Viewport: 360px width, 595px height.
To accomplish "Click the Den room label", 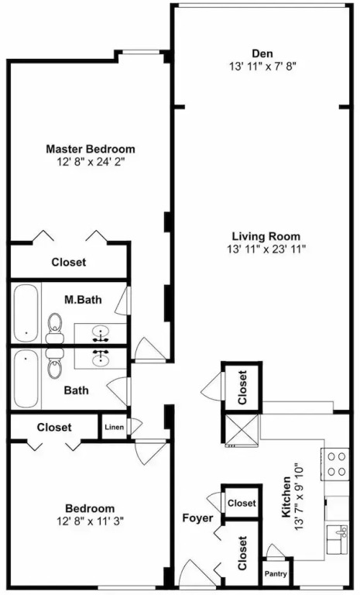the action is (262, 53).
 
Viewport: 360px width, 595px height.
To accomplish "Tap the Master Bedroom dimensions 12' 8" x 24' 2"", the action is (91, 162).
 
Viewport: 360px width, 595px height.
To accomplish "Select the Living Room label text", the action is (266, 236).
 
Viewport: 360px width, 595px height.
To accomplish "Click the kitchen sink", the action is (338, 539).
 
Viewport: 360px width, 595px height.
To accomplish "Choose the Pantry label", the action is (276, 574).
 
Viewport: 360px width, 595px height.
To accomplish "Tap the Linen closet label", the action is (114, 428).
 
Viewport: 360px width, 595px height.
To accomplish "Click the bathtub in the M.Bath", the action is (26, 313).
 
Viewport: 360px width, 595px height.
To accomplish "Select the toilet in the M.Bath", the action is (56, 328).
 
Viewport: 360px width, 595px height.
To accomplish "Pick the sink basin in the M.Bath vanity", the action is (100, 334).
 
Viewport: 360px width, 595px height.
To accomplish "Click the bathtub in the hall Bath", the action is (26, 379).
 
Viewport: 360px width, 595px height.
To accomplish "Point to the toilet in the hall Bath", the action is (56, 363).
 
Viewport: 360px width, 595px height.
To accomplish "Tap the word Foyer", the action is (197, 518).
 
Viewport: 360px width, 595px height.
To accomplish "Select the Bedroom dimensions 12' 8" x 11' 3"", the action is (91, 521).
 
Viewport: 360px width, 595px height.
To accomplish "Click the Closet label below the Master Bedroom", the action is (69, 262).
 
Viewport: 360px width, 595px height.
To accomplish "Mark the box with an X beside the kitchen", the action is (242, 428).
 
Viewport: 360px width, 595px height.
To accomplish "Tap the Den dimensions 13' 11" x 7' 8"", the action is (262, 67).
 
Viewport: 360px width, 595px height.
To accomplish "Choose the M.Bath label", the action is (83, 300).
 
